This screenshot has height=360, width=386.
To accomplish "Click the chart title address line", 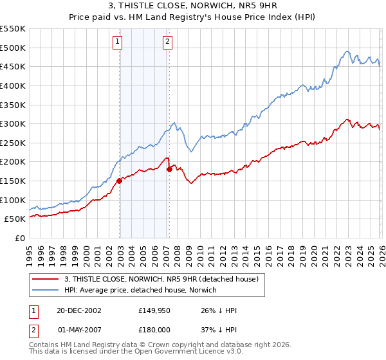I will [193, 6].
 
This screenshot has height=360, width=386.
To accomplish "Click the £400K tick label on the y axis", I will [13, 85].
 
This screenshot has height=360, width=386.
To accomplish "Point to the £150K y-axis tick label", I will [13, 181].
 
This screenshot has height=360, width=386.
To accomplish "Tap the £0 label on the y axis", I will [19, 238].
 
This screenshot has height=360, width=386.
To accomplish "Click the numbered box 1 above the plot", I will [118, 42].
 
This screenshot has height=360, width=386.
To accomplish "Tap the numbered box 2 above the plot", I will [167, 42].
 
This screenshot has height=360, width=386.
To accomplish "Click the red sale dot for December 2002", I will [120, 181].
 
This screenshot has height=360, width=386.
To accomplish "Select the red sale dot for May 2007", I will [169, 170].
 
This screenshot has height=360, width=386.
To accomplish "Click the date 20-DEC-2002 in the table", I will [78, 310].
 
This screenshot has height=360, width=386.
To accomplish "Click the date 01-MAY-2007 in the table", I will [78, 330].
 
